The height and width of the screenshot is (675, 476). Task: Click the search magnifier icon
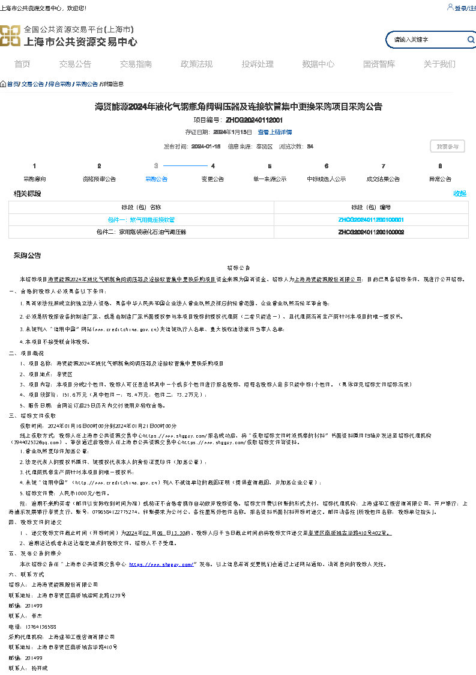tap(471, 40)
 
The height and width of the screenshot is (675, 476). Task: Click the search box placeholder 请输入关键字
tap(411, 40)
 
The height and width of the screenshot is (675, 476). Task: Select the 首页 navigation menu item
tap(22, 64)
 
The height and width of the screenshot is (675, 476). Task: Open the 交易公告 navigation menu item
tap(75, 64)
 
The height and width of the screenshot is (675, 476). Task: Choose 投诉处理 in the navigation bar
tap(258, 64)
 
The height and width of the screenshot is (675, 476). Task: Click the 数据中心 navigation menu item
tap(318, 64)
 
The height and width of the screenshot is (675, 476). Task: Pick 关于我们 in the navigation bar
tap(439, 64)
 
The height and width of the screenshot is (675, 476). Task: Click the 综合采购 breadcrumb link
tap(59, 84)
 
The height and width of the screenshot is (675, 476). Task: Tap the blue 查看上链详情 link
tap(274, 132)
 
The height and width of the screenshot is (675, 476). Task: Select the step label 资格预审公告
tap(99, 179)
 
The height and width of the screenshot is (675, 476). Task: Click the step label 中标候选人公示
tap(326, 179)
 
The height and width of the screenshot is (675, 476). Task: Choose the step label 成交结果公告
tap(383, 179)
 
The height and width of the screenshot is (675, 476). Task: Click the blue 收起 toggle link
tap(460, 194)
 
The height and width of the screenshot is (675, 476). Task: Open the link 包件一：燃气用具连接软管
tap(141, 220)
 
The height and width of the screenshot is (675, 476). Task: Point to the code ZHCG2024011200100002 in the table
tap(371, 232)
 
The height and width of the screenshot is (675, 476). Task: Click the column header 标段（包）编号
tap(371, 207)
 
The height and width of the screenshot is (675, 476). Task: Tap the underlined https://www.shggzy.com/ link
tap(161, 564)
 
